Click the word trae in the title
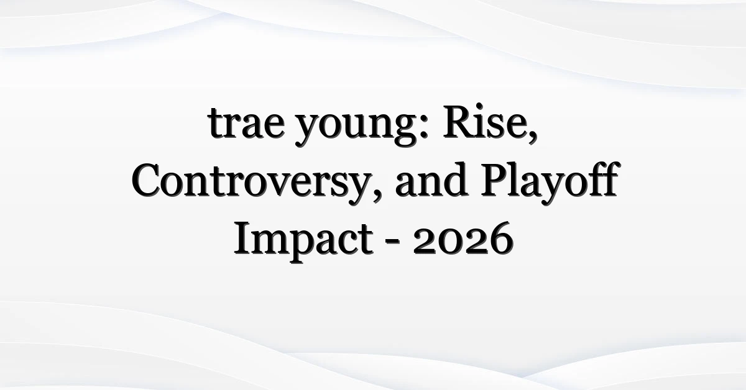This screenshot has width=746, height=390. tap(246, 123)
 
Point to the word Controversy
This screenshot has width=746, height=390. tap(252, 182)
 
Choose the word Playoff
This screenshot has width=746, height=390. tap(550, 182)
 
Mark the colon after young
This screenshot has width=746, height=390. tap(423, 127)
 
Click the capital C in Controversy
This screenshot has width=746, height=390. tap(148, 179)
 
